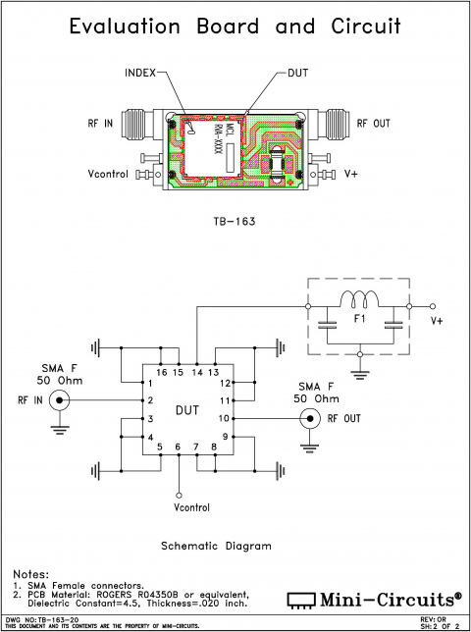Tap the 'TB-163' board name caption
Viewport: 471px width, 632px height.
point(235,222)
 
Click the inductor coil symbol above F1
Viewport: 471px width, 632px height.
point(359,299)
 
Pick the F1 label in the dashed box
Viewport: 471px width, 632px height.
point(359,320)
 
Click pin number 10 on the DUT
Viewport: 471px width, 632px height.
point(223,418)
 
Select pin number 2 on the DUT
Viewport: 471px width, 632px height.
point(150,400)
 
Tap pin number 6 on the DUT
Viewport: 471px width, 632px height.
point(178,448)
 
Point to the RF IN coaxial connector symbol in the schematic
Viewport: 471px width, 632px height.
point(61,400)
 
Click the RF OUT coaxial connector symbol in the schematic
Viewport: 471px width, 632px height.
point(309,418)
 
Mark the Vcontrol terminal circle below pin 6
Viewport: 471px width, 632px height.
point(178,494)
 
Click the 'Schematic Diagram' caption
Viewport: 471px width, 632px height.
point(215,546)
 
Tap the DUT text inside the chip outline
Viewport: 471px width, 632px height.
point(185,410)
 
